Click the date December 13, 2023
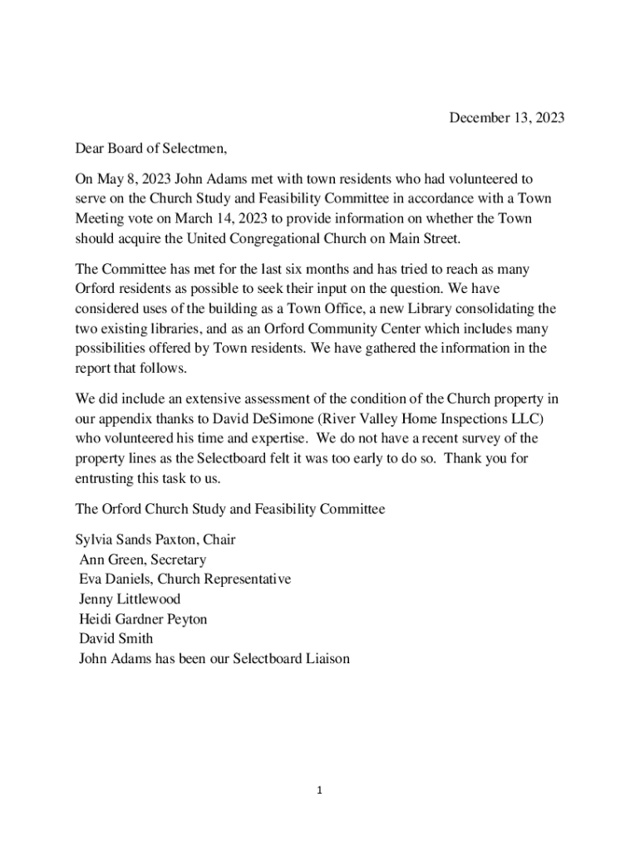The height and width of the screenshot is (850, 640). pyautogui.click(x=506, y=118)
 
